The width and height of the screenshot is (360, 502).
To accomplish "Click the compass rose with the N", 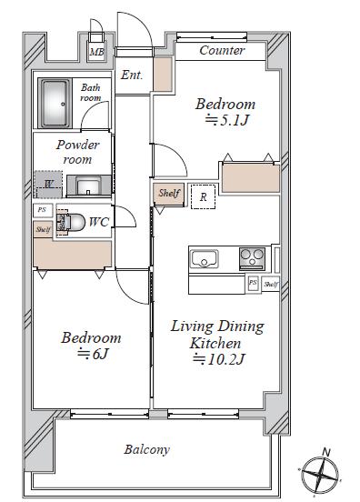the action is (x=320, y=474).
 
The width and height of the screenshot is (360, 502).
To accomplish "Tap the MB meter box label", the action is (x=96, y=52).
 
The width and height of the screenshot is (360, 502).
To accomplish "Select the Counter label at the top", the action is (x=222, y=50).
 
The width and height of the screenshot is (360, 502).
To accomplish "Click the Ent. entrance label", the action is (x=132, y=75).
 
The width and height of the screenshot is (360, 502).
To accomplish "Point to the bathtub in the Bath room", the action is (x=55, y=104).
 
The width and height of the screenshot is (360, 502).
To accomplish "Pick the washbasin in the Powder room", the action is (x=88, y=186).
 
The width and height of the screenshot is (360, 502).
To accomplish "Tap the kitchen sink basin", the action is (x=205, y=258).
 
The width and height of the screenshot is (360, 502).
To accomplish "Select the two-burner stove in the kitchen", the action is (x=252, y=258).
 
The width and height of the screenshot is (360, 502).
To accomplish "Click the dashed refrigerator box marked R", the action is (x=203, y=196).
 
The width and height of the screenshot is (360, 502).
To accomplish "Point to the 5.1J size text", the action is (x=226, y=120).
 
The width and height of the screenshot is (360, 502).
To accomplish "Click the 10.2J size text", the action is (x=218, y=359).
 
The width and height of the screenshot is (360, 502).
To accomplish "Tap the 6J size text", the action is (x=93, y=354).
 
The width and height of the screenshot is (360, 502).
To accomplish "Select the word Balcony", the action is (x=146, y=450).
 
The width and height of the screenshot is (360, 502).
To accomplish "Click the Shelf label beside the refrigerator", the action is (x=169, y=194).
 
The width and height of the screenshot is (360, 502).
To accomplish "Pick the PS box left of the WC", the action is (x=42, y=210).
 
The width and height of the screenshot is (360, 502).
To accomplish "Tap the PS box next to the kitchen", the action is (x=253, y=283).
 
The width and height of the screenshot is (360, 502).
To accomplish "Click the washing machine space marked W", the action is (x=48, y=185).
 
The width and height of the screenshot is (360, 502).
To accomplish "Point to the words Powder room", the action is (x=77, y=152).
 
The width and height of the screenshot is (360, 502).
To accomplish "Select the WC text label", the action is (x=98, y=222).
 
